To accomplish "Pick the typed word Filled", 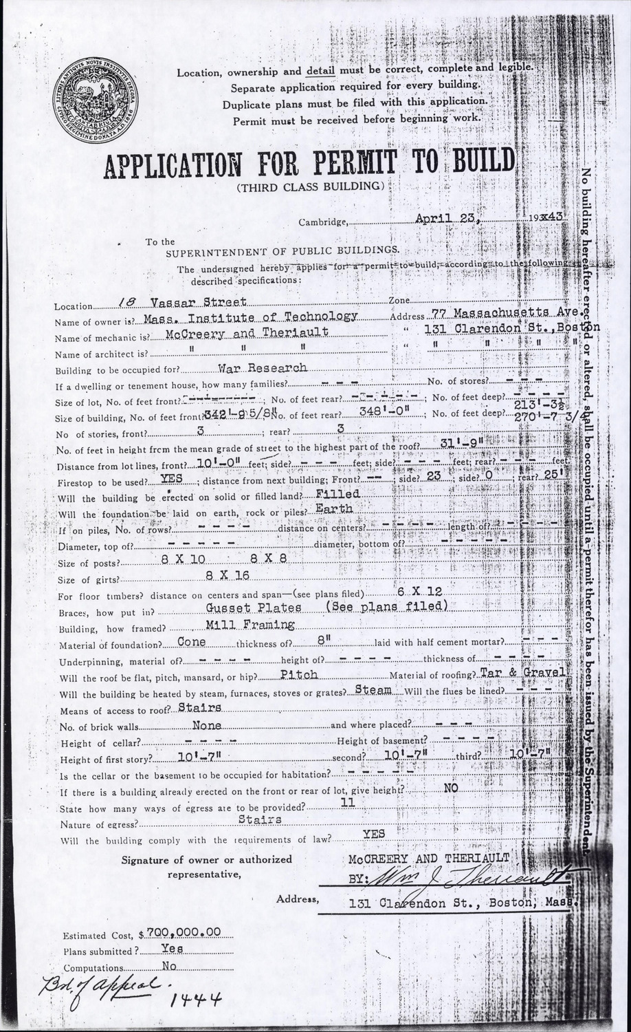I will (337, 494).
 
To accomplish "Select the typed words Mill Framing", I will (250, 625).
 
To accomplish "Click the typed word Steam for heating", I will (374, 689).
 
